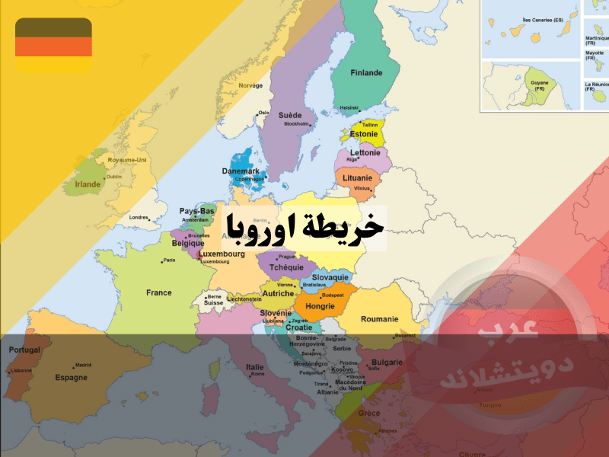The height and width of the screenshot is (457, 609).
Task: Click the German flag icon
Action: coord(53,46)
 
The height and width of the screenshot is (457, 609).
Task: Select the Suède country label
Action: coord(289,116)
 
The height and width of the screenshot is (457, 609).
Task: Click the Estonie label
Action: coord(364,134)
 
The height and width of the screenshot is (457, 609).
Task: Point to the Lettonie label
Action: coord(365,152)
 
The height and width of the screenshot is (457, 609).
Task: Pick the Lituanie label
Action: coord(357,177)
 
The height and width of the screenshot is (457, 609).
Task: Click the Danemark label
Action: coord(240,171)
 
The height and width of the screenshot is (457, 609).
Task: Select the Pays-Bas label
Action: coord(196,211)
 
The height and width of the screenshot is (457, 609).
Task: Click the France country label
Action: coord(159,292)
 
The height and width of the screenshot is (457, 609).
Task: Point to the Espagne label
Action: coord(71,377)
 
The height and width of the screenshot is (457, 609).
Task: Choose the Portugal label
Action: coord(24,350)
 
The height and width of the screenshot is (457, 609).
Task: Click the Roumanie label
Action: coord(379,319)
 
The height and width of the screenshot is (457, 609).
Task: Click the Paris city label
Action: coord(170,260)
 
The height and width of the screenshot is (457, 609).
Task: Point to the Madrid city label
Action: coord(83,365)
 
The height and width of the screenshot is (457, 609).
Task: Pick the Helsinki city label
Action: coord(349,107)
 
